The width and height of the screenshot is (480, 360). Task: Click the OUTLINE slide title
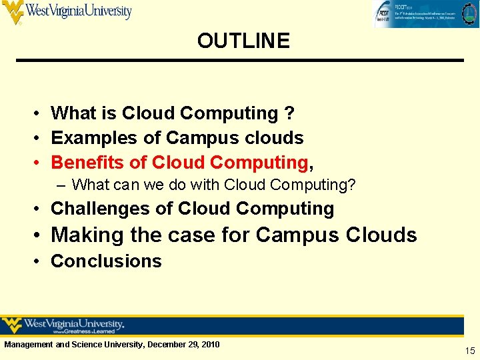coord(243,41)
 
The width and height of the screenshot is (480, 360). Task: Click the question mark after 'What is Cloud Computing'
coord(289,114)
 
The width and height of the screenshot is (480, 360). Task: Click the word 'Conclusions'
coord(106,261)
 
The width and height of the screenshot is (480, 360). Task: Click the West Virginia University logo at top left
coord(67,12)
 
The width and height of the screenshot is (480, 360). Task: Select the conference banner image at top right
coord(424,14)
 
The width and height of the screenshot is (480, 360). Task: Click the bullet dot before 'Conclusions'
coord(39,261)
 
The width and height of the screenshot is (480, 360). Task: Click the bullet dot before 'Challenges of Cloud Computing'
coord(39,209)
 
